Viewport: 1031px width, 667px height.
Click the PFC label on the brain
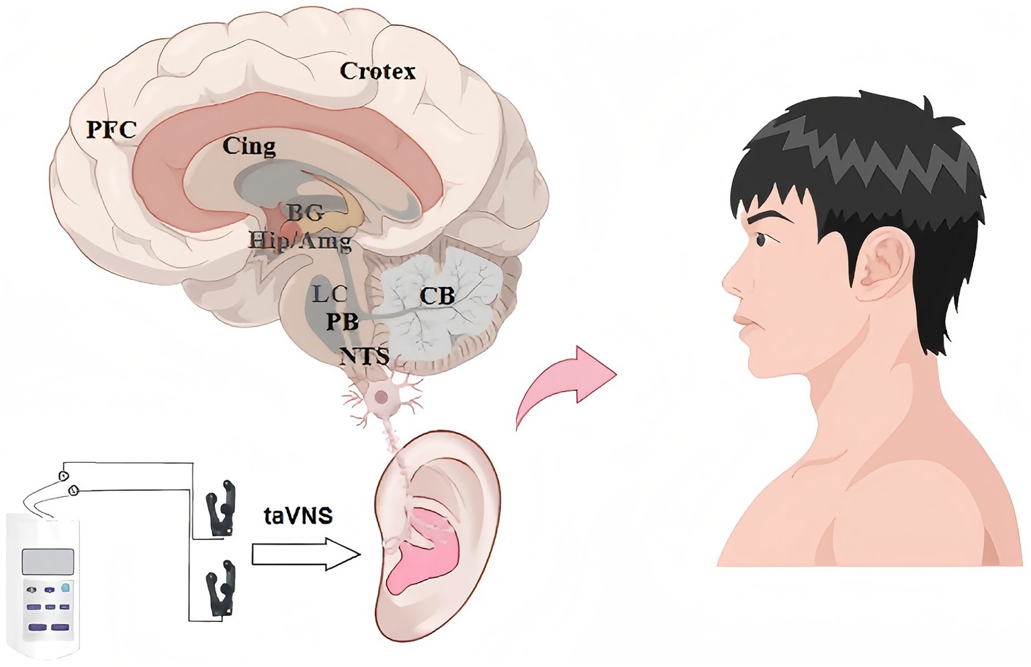111,128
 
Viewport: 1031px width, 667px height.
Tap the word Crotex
377,71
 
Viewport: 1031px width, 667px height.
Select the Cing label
249,146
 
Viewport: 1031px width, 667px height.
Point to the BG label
306,213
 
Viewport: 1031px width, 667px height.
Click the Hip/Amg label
300,241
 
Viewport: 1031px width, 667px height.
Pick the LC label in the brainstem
329,294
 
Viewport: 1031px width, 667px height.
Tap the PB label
342,322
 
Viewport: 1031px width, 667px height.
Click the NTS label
364,355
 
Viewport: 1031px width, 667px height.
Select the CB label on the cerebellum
437,296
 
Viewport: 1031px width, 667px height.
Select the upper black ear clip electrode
222,508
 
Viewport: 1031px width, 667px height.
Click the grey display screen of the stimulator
48,561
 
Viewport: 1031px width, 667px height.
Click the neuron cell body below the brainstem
382,396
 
